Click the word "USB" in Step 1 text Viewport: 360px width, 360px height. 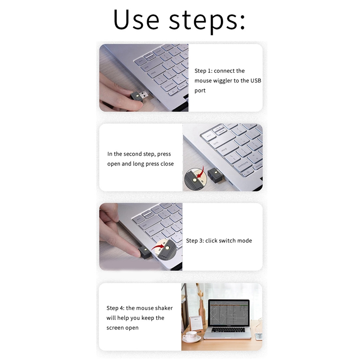pyautogui.click(x=255, y=81)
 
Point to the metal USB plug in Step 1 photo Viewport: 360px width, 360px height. pyautogui.click(x=144, y=95)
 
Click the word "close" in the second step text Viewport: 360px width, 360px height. pyautogui.click(x=167, y=164)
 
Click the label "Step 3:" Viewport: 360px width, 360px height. pyautogui.click(x=195, y=241)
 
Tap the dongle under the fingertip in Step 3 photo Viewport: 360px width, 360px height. pyautogui.click(x=144, y=252)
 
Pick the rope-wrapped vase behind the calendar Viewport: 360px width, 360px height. pyautogui.click(x=202, y=310)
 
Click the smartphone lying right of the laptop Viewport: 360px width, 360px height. pyautogui.click(x=258, y=336)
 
